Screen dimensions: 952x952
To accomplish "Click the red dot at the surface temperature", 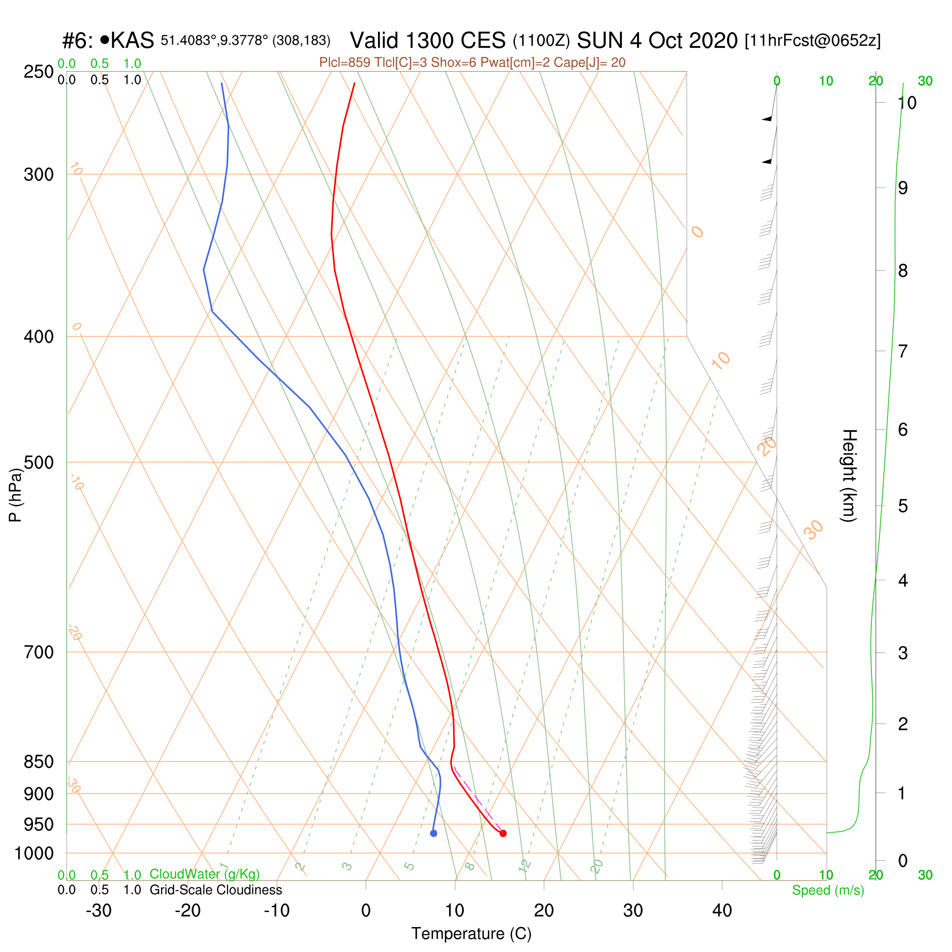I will (503, 833).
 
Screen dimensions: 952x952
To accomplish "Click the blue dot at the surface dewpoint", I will (434, 833).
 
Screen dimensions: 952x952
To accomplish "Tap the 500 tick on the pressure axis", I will (39, 462).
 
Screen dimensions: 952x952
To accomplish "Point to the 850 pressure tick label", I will (39, 761).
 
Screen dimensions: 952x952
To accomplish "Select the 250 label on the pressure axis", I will (39, 71).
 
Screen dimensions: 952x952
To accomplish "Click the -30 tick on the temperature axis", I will (98, 911).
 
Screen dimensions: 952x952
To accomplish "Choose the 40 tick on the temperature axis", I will (722, 911).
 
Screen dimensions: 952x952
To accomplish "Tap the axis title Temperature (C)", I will (472, 934).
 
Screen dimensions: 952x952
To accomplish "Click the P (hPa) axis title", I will (15, 495).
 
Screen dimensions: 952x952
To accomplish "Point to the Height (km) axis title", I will (848, 476).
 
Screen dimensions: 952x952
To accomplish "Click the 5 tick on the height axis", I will (903, 506).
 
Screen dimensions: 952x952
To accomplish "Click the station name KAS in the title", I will (132, 40).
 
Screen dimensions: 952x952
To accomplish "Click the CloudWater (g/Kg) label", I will (205, 874).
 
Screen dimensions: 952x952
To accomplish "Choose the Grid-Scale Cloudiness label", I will (216, 890).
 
